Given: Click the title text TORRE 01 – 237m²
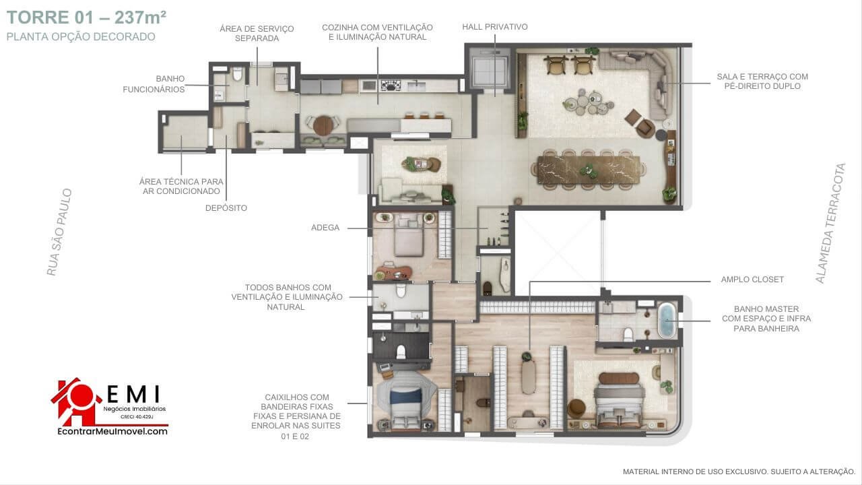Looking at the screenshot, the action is click(x=87, y=18).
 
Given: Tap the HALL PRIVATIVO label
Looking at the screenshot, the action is click(x=495, y=27).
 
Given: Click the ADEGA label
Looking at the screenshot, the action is click(x=325, y=228).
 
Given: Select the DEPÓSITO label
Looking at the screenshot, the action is click(x=226, y=208).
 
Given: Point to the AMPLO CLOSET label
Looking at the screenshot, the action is click(x=752, y=280).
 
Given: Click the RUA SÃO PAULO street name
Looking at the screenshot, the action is click(x=59, y=232).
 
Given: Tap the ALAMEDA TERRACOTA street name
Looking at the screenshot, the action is click(x=830, y=223).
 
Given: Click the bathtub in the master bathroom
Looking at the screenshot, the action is click(x=667, y=320).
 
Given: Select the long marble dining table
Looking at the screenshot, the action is click(x=589, y=170).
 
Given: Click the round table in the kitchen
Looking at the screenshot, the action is click(x=323, y=125).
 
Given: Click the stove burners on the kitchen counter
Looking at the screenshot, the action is click(x=391, y=86).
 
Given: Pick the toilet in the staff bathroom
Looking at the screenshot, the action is click(x=238, y=73).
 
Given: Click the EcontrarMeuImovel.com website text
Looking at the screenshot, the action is click(x=112, y=432).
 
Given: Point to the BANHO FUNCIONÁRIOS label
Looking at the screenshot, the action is click(x=154, y=84).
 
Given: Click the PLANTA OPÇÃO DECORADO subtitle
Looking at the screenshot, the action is click(x=81, y=37).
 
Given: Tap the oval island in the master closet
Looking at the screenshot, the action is click(x=529, y=377).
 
